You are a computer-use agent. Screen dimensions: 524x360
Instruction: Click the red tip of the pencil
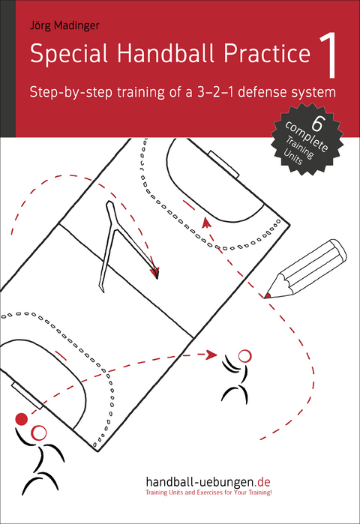[x=267, y=296]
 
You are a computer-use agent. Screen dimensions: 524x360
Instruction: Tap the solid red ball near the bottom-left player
[x=22, y=418]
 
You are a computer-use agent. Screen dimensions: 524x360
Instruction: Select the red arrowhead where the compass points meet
[x=155, y=274]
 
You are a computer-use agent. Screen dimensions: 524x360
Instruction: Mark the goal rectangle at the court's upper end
[x=223, y=161]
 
